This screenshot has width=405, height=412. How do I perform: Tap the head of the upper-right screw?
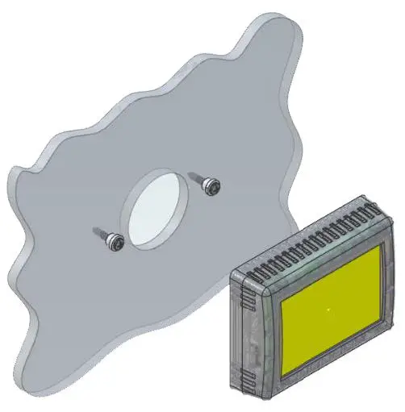tap(214, 185)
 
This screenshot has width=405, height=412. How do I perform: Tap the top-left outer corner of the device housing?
tap(232, 273)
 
